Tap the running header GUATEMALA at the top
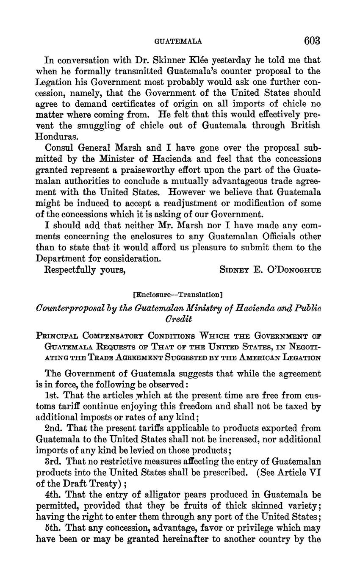[178, 42]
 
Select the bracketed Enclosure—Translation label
[178, 294]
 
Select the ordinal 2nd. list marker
[54, 428]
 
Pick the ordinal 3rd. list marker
[54, 461]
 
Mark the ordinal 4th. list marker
[54, 495]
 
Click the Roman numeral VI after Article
[314, 472]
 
